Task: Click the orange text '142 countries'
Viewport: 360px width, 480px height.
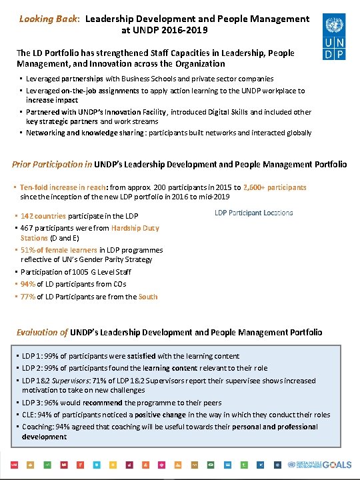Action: (43, 216)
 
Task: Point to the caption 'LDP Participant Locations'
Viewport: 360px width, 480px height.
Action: (253, 213)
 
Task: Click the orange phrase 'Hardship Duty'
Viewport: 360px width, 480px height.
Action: (135, 228)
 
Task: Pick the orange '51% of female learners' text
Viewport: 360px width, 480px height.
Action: (60, 250)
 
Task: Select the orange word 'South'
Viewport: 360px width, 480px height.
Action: (148, 297)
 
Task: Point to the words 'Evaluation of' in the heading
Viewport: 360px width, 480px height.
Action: (41, 332)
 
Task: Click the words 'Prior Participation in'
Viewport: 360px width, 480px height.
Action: (52, 164)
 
